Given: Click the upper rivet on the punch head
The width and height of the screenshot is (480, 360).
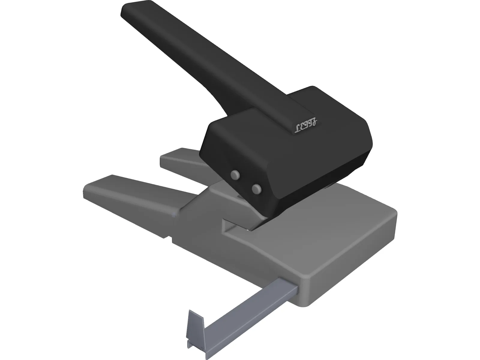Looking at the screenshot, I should [235, 174].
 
